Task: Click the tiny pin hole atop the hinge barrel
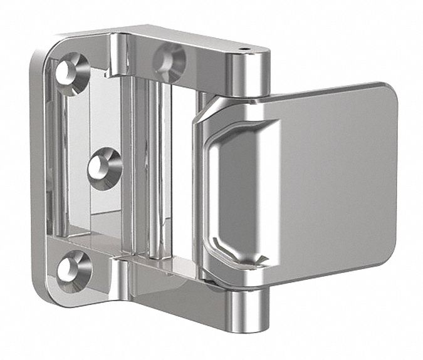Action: pyautogui.click(x=242, y=47)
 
